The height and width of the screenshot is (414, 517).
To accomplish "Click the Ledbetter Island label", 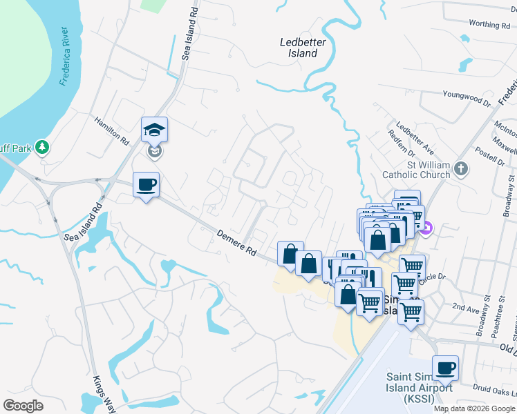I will click(303, 48).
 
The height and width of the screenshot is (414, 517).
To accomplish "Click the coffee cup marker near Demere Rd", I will click(146, 185).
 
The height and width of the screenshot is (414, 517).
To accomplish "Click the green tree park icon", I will click(43, 146).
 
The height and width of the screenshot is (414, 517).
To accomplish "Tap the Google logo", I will click(24, 406).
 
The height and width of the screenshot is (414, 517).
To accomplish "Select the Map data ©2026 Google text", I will click(473, 408).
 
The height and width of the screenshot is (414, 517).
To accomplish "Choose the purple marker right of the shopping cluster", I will click(427, 228).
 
